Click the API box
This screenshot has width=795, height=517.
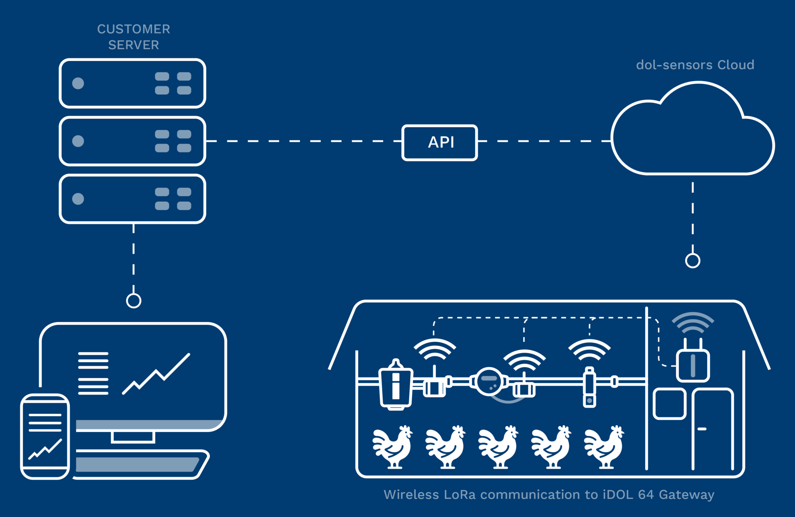click(439, 142)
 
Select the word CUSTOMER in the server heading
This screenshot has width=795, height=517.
click(134, 29)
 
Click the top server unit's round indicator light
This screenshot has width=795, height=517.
click(78, 83)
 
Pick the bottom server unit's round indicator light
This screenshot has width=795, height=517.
click(78, 199)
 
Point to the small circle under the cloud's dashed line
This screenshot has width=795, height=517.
click(693, 261)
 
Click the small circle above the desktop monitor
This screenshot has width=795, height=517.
click(134, 301)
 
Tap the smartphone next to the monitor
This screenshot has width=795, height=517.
click(45, 436)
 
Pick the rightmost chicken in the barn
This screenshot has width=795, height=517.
click(604, 447)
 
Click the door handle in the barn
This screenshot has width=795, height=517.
click(702, 429)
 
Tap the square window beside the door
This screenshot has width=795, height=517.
click(669, 404)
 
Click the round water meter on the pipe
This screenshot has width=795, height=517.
click(489, 381)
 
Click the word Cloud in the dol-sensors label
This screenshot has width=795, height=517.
click(736, 65)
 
